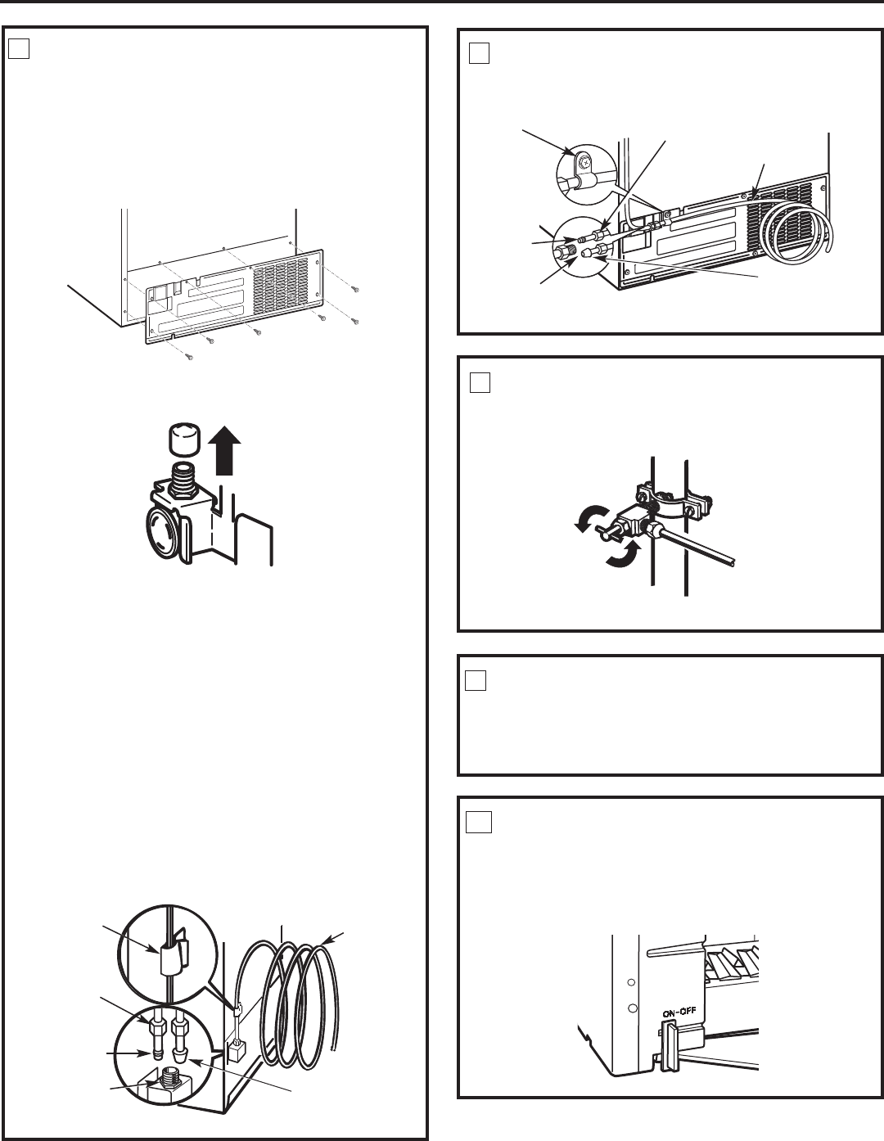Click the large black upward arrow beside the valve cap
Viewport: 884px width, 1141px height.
coord(224,450)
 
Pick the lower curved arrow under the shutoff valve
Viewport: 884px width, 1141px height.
coord(624,556)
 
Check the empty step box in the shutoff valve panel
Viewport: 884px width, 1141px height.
coord(480,383)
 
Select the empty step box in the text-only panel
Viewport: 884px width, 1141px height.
coord(476,680)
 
